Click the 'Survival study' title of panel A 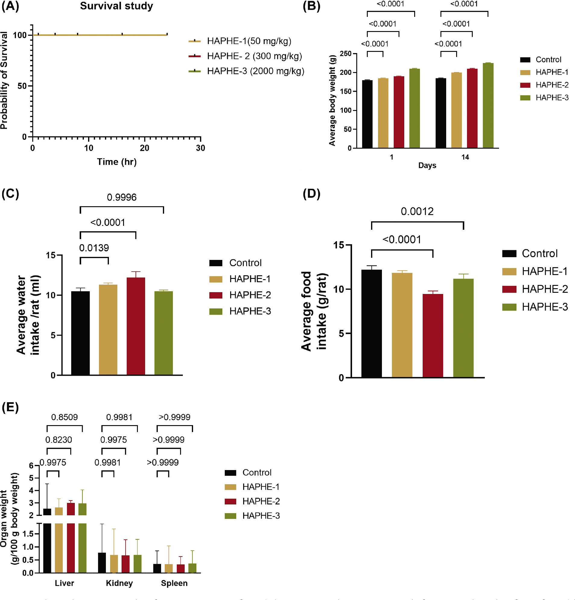coord(116,6)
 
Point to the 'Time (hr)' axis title coord(117,162)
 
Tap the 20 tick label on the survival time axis coord(145,148)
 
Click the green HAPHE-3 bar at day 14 coord(488,106)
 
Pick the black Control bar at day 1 coord(367,114)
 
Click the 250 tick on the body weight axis coord(345,54)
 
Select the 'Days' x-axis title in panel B coord(427,165)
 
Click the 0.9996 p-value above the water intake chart coord(122,197)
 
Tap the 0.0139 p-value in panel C coord(94,248)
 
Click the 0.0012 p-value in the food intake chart coord(417,212)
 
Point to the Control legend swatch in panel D coord(509,254)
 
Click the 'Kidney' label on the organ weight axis coord(119,583)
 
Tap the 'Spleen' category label coord(174,583)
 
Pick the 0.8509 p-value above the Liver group coord(64,417)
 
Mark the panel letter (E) coord(10,408)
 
